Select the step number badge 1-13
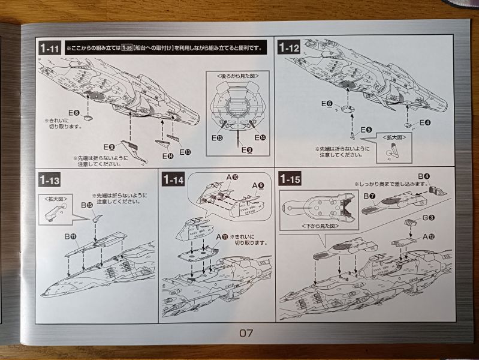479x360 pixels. [50, 179]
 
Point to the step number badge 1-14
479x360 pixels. [174, 179]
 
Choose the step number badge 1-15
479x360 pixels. [290, 179]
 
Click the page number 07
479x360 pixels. [246, 332]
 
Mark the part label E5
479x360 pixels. [366, 130]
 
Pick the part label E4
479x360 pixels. [424, 122]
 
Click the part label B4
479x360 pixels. [424, 176]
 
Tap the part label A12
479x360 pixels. [428, 236]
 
